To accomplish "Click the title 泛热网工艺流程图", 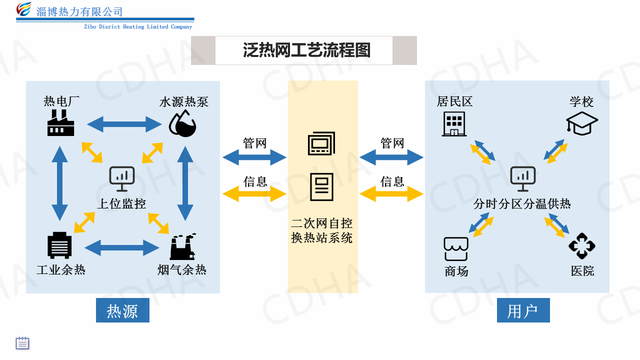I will tap(307, 50).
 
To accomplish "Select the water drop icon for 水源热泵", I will tap(182, 123).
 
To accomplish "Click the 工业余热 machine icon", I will tap(59, 245).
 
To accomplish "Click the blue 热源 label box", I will tap(122, 310).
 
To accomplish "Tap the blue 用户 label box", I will tap(523, 310).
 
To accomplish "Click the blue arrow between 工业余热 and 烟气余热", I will tap(122, 247).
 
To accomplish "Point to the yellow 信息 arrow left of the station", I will tap(254, 193).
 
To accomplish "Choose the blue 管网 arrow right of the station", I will tap(391, 158).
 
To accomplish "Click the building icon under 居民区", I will tap(454, 123).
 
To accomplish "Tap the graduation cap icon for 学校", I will tap(582, 123).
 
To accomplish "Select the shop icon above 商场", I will tap(456, 248).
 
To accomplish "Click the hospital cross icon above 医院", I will tap(582, 246).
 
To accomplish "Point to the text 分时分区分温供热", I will tap(522, 204).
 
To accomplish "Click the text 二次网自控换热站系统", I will tap(322, 230).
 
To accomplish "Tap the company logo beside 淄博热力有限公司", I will tap(23, 9).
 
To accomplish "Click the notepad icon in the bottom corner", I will tap(22, 343).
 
